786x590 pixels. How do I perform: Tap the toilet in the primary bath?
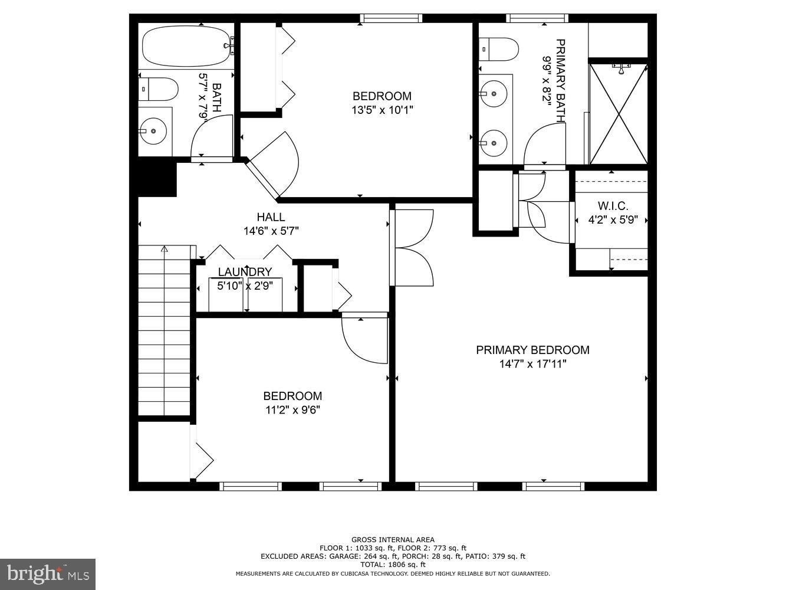[x=498, y=50]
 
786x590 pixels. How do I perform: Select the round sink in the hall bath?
[x=153, y=131]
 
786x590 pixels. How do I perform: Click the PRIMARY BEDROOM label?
[x=532, y=350]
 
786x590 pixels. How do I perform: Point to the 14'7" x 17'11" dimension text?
[x=532, y=364]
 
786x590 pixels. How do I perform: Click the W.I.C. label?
[x=613, y=206]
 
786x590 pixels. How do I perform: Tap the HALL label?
[x=271, y=217]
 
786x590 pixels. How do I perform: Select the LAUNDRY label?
[x=245, y=272]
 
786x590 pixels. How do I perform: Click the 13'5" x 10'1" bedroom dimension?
[x=382, y=110]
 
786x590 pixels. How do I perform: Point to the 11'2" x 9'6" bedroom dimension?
[x=292, y=409]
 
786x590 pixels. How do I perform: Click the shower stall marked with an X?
[x=619, y=113]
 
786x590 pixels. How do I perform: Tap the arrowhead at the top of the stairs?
[x=165, y=249]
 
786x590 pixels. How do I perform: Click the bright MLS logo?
[x=48, y=574]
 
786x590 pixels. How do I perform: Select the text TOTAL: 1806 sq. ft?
[x=393, y=565]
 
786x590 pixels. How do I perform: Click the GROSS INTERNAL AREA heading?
[x=393, y=539]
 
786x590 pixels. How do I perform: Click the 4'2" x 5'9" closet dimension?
[x=613, y=219]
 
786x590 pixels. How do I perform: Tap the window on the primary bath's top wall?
[x=540, y=18]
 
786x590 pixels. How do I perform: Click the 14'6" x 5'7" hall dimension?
[x=271, y=231]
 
